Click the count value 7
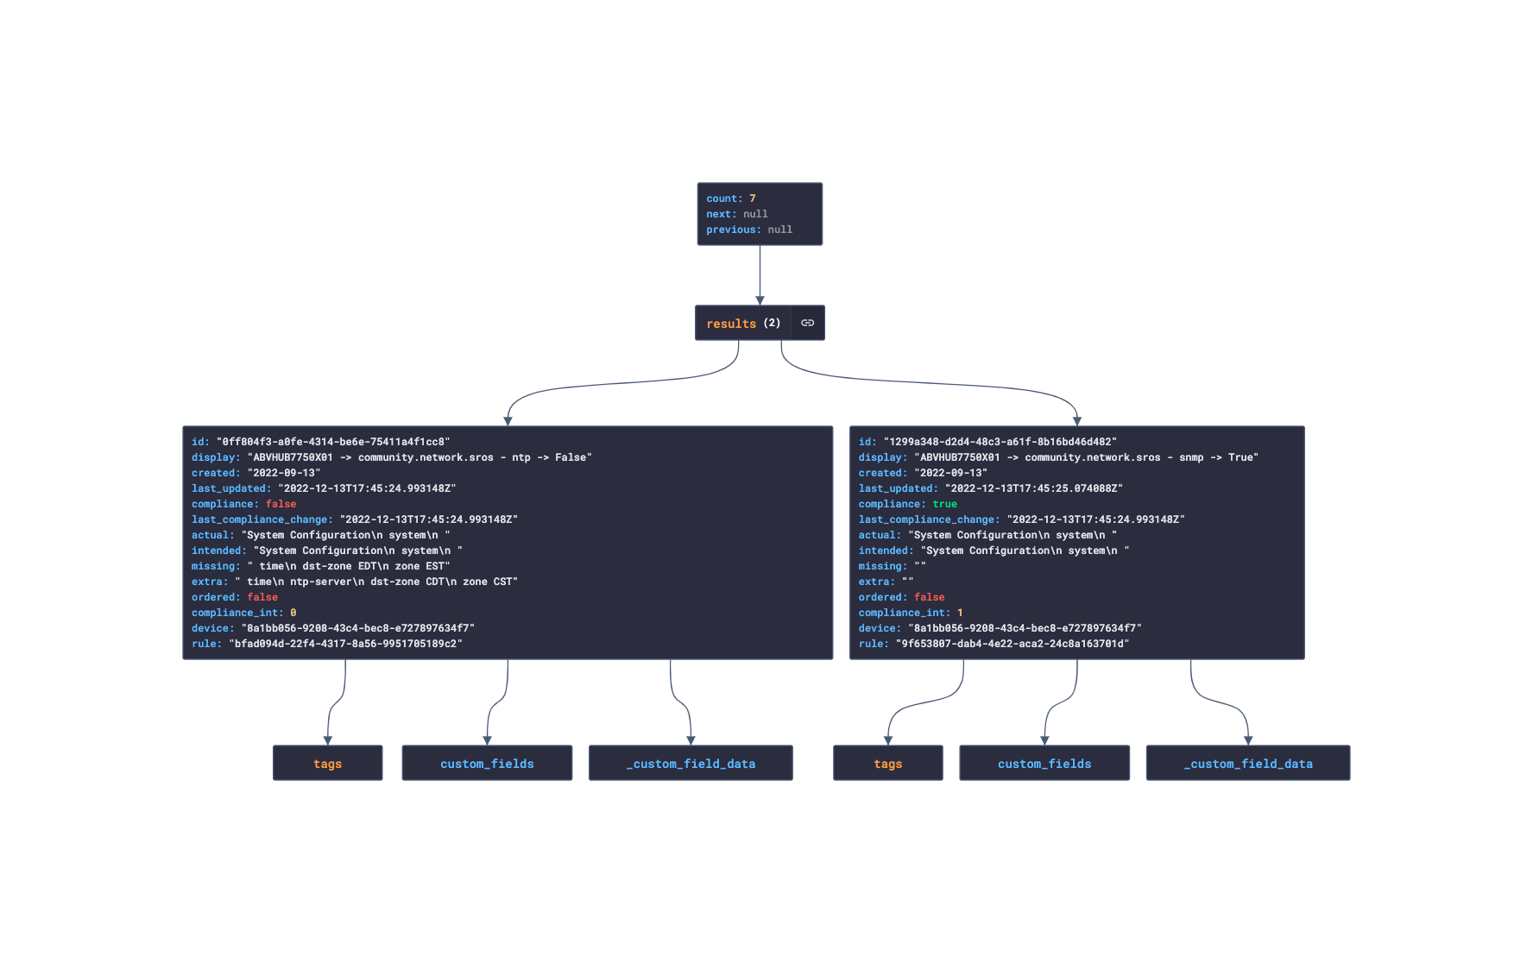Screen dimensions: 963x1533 point(752,198)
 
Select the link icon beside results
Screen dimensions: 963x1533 point(807,323)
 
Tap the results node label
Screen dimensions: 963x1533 point(731,324)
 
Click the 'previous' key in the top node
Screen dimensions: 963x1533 point(733,230)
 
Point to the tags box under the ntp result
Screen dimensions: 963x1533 point(327,764)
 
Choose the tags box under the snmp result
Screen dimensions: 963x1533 point(887,764)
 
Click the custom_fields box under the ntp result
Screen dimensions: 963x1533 point(487,764)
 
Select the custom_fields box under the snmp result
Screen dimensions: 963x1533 point(1044,764)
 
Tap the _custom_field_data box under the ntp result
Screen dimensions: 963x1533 point(691,764)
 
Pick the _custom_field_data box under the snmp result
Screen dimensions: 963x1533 point(1248,764)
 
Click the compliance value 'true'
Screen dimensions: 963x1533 point(944,504)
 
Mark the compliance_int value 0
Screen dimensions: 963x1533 point(293,613)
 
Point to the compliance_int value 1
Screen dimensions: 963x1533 point(960,613)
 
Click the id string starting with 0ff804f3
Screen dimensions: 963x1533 point(333,442)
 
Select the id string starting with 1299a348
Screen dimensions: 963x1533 point(1000,442)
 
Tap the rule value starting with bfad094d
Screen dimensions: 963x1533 point(345,644)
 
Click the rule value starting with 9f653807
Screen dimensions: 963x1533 point(1012,644)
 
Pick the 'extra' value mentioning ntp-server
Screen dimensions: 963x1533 point(376,582)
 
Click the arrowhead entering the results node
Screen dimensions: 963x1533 point(760,300)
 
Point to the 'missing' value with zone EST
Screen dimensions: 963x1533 point(349,566)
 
